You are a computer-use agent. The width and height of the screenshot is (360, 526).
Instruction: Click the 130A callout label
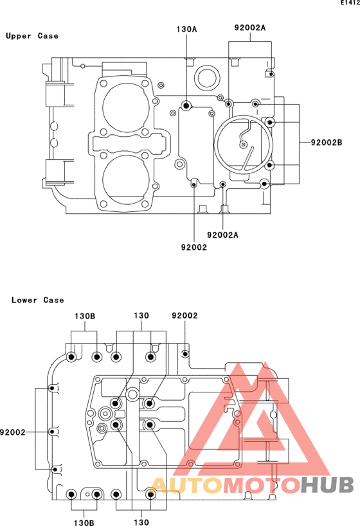pos(186,29)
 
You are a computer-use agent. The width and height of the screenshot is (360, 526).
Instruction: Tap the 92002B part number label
pos(327,143)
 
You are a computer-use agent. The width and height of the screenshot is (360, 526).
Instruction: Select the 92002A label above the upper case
pos(250,28)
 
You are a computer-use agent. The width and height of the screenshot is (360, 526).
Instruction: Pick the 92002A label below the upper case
pos(222,235)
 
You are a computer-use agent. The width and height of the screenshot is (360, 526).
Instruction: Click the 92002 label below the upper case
pos(194,247)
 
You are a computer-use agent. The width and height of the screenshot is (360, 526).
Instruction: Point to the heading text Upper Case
pos(32,36)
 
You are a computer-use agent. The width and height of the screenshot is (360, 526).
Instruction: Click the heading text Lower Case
pos(38,300)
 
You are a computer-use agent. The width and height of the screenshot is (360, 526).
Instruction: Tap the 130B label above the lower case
pos(85,316)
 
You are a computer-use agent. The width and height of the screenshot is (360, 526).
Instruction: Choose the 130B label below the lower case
pos(84,522)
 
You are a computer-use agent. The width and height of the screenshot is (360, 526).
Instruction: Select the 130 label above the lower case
pos(141,316)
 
